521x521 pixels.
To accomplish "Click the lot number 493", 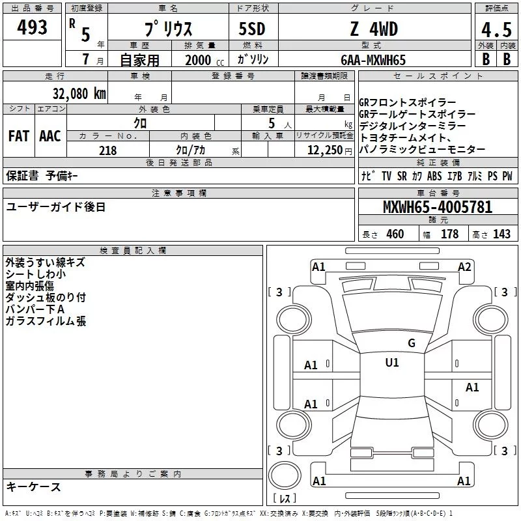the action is (x=32, y=27).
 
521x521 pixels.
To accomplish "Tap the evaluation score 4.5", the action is (x=496, y=29).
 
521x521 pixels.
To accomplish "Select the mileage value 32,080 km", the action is (x=79, y=93).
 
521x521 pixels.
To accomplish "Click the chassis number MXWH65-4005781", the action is (x=438, y=206).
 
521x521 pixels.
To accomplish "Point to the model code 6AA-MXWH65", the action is (x=373, y=60).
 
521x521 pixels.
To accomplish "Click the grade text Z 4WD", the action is (x=374, y=29).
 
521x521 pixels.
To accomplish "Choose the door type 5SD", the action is (x=252, y=29).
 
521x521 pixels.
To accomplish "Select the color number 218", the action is (x=107, y=150).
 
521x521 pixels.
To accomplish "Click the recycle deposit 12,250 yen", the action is (x=330, y=150).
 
